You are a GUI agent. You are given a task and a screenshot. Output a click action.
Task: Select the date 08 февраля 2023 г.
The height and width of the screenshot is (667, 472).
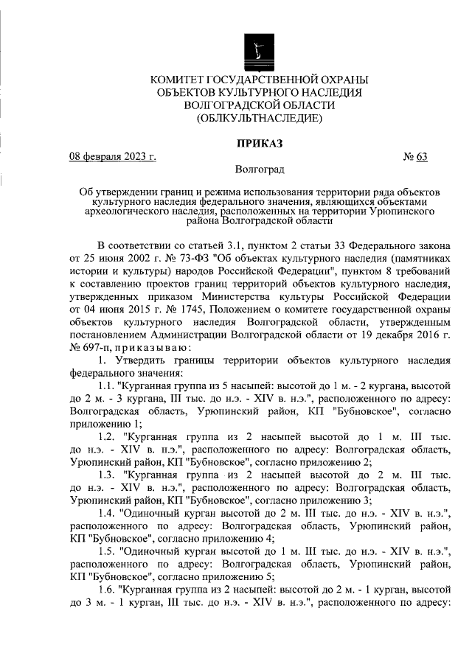click(x=112, y=156)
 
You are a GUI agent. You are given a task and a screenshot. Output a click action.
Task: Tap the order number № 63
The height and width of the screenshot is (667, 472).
click(x=415, y=156)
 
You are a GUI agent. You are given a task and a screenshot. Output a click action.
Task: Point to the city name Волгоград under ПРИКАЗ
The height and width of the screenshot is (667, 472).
click(x=259, y=170)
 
